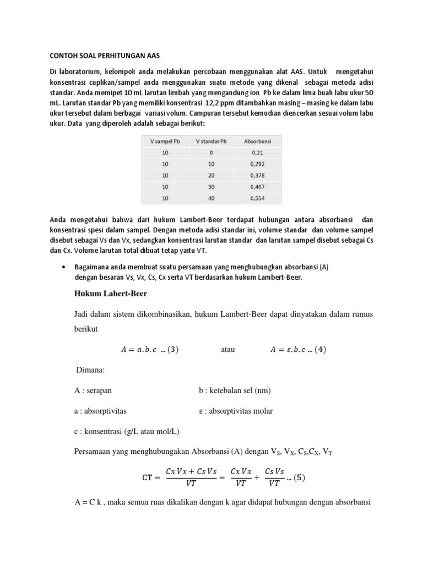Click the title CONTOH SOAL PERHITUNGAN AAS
[101, 56]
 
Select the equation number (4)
[319, 349]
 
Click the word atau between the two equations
[229, 349]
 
